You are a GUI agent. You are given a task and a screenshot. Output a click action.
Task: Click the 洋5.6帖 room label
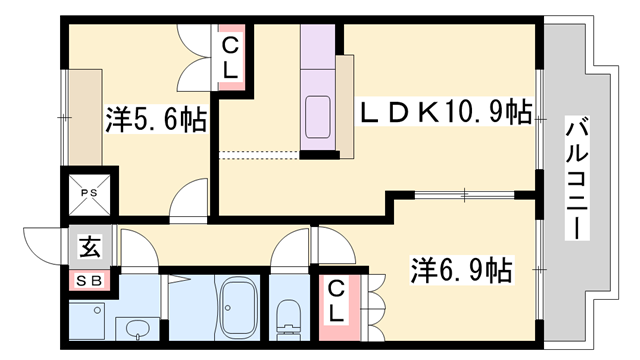156,121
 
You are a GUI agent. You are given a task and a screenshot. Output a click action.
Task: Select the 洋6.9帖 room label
461,269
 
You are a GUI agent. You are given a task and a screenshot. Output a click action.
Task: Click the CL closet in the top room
230,58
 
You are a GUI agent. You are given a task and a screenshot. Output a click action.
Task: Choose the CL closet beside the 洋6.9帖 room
336,301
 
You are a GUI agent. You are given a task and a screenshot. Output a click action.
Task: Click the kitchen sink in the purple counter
321,118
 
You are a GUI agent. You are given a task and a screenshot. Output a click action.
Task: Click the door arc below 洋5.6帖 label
188,200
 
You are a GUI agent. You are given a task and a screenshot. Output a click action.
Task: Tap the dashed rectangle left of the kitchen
258,153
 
